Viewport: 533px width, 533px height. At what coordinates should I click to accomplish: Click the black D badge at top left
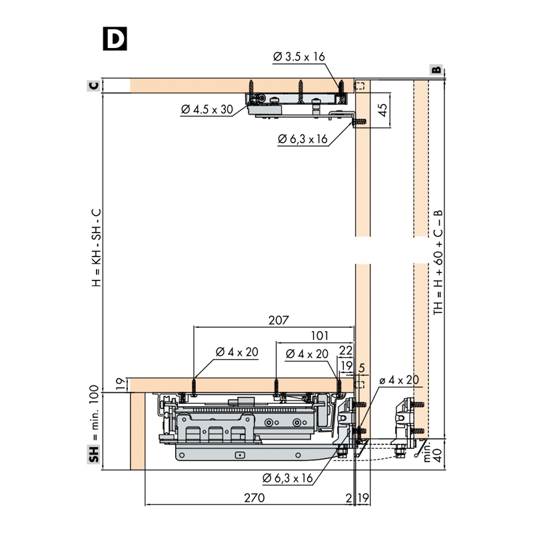pos(115,39)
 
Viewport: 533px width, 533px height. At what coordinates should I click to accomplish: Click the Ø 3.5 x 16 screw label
pos(298,57)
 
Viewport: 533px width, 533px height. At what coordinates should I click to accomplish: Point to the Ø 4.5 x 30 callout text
pos(207,109)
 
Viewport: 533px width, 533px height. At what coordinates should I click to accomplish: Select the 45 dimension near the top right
pos(382,111)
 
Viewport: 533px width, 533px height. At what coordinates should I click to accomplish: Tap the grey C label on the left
pos(94,86)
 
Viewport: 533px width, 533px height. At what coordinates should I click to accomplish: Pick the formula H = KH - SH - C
pos(95,247)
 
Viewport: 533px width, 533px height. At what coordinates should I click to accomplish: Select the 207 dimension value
pos(278,320)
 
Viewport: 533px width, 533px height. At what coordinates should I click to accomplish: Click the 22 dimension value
pos(346,350)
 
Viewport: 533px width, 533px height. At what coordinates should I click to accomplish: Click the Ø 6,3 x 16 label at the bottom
pos(288,478)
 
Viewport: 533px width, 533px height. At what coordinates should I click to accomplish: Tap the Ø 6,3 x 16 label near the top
pos(303,139)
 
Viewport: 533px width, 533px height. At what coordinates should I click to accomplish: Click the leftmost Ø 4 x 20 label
pos(237,352)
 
